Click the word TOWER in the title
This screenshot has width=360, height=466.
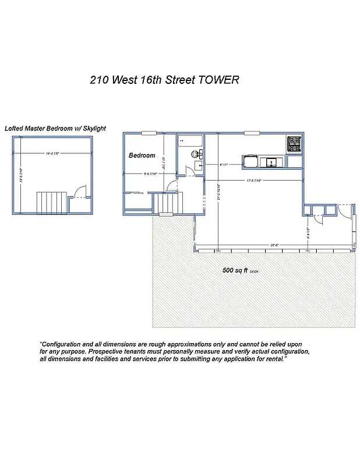pos(219,80)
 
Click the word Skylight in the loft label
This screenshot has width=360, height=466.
pos(94,128)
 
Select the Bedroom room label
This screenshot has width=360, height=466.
pos(142,156)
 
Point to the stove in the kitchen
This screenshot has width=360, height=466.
pos(294,144)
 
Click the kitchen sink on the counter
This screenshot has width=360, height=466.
pos(271,161)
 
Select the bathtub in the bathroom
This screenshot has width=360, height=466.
pos(190,140)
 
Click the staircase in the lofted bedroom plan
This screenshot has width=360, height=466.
pos(48,203)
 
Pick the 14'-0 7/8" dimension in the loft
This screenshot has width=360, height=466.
pos(53,154)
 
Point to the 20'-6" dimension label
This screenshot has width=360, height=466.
pos(273,245)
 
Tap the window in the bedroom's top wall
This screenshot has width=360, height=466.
pos(149,133)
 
